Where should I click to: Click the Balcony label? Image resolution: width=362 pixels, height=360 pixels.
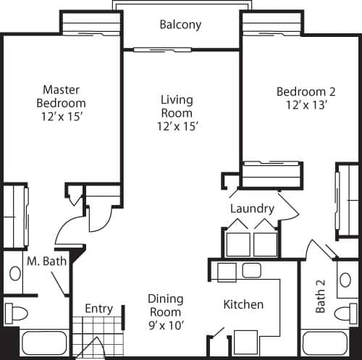coord(180,25)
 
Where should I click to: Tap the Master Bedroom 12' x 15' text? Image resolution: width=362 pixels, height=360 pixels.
coord(61,102)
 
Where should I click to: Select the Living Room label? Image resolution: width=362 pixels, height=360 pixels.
coord(176,112)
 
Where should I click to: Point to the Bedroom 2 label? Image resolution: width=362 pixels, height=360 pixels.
coord(303,98)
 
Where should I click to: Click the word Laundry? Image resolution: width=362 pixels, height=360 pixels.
coord(252,209)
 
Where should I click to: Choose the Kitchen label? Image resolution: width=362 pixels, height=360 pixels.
coord(243,304)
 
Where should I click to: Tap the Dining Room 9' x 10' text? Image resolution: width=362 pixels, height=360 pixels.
coord(165,311)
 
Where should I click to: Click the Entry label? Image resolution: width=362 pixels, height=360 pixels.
coord(98,309)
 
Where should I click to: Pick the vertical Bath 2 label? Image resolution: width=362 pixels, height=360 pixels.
coord(321,297)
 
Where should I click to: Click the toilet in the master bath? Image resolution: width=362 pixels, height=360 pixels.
coord(16,314)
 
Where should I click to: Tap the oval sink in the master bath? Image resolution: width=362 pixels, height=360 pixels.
coord(15,274)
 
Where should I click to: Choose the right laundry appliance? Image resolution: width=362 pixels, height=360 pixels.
coord(265,243)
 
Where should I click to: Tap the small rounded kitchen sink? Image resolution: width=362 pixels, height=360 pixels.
coord(251,271)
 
